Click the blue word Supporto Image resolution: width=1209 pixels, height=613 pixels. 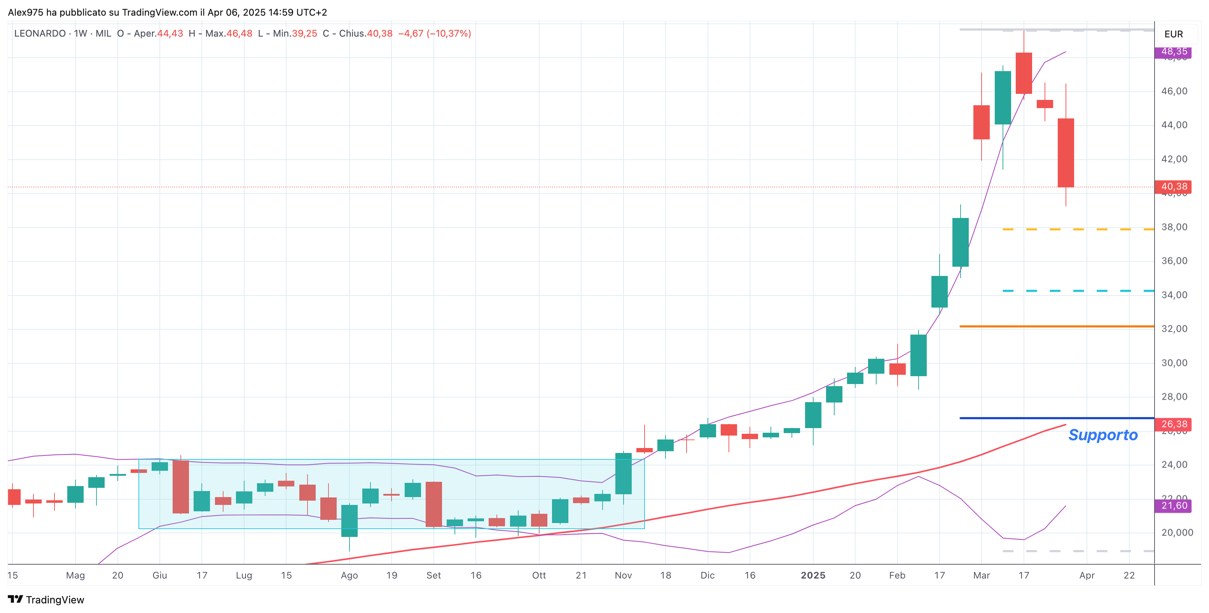[1103, 435]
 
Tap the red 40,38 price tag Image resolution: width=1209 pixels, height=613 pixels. [1173, 187]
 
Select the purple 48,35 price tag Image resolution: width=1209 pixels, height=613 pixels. [1173, 52]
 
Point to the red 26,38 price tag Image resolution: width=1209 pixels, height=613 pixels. [1173, 424]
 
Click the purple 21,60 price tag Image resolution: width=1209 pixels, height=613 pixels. [1173, 506]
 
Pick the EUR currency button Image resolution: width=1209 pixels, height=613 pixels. [1173, 34]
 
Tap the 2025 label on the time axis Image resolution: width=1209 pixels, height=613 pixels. [813, 575]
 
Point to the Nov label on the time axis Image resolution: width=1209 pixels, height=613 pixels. [623, 575]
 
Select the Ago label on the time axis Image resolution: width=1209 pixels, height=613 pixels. [349, 575]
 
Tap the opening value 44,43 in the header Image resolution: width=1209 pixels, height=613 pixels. [170, 34]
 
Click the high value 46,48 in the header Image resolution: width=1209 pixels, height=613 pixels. [240, 34]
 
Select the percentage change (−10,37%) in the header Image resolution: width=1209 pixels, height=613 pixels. [449, 34]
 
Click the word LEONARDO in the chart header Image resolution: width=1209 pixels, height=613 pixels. [40, 34]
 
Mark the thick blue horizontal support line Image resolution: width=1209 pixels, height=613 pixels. [1056, 418]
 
